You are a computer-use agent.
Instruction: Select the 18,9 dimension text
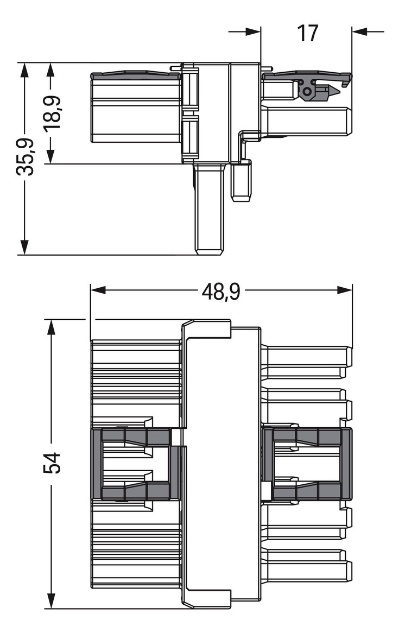(x=52, y=113)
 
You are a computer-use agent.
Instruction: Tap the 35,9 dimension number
(x=25, y=157)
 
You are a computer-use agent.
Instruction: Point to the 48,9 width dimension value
(x=221, y=292)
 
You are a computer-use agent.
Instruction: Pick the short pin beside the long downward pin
(x=241, y=181)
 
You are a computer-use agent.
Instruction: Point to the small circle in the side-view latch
(x=307, y=92)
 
